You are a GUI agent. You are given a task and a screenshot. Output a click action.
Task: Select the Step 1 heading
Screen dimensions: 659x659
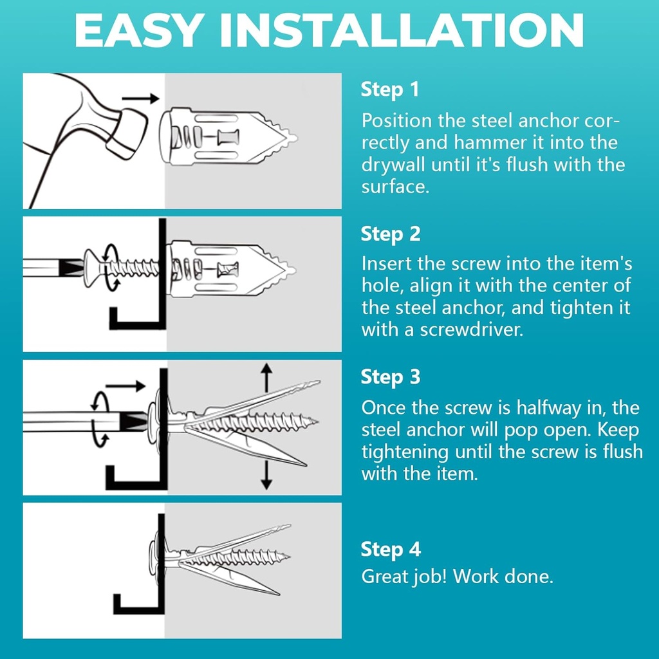point(389,89)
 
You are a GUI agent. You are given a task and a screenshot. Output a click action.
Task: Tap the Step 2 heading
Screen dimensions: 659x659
point(390,234)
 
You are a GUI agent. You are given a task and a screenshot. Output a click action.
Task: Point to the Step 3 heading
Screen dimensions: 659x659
point(390,376)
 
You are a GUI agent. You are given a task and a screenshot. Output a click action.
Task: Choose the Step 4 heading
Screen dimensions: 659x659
point(390,550)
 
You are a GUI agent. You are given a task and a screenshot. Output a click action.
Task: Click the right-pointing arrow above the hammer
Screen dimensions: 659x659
point(140,98)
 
